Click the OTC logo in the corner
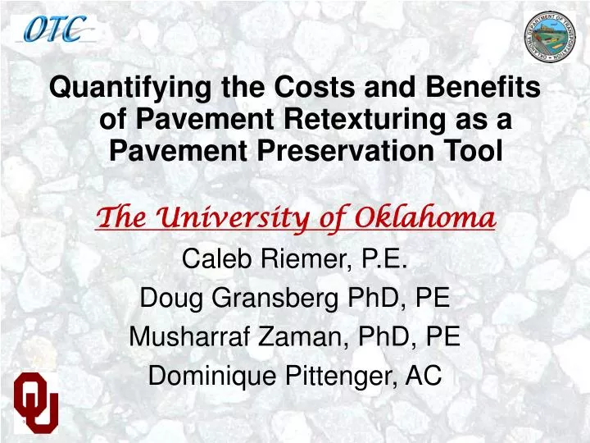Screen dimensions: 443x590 coord(54,30)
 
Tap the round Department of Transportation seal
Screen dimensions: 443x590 coord(551,37)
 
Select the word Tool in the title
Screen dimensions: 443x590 coord(470,151)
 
